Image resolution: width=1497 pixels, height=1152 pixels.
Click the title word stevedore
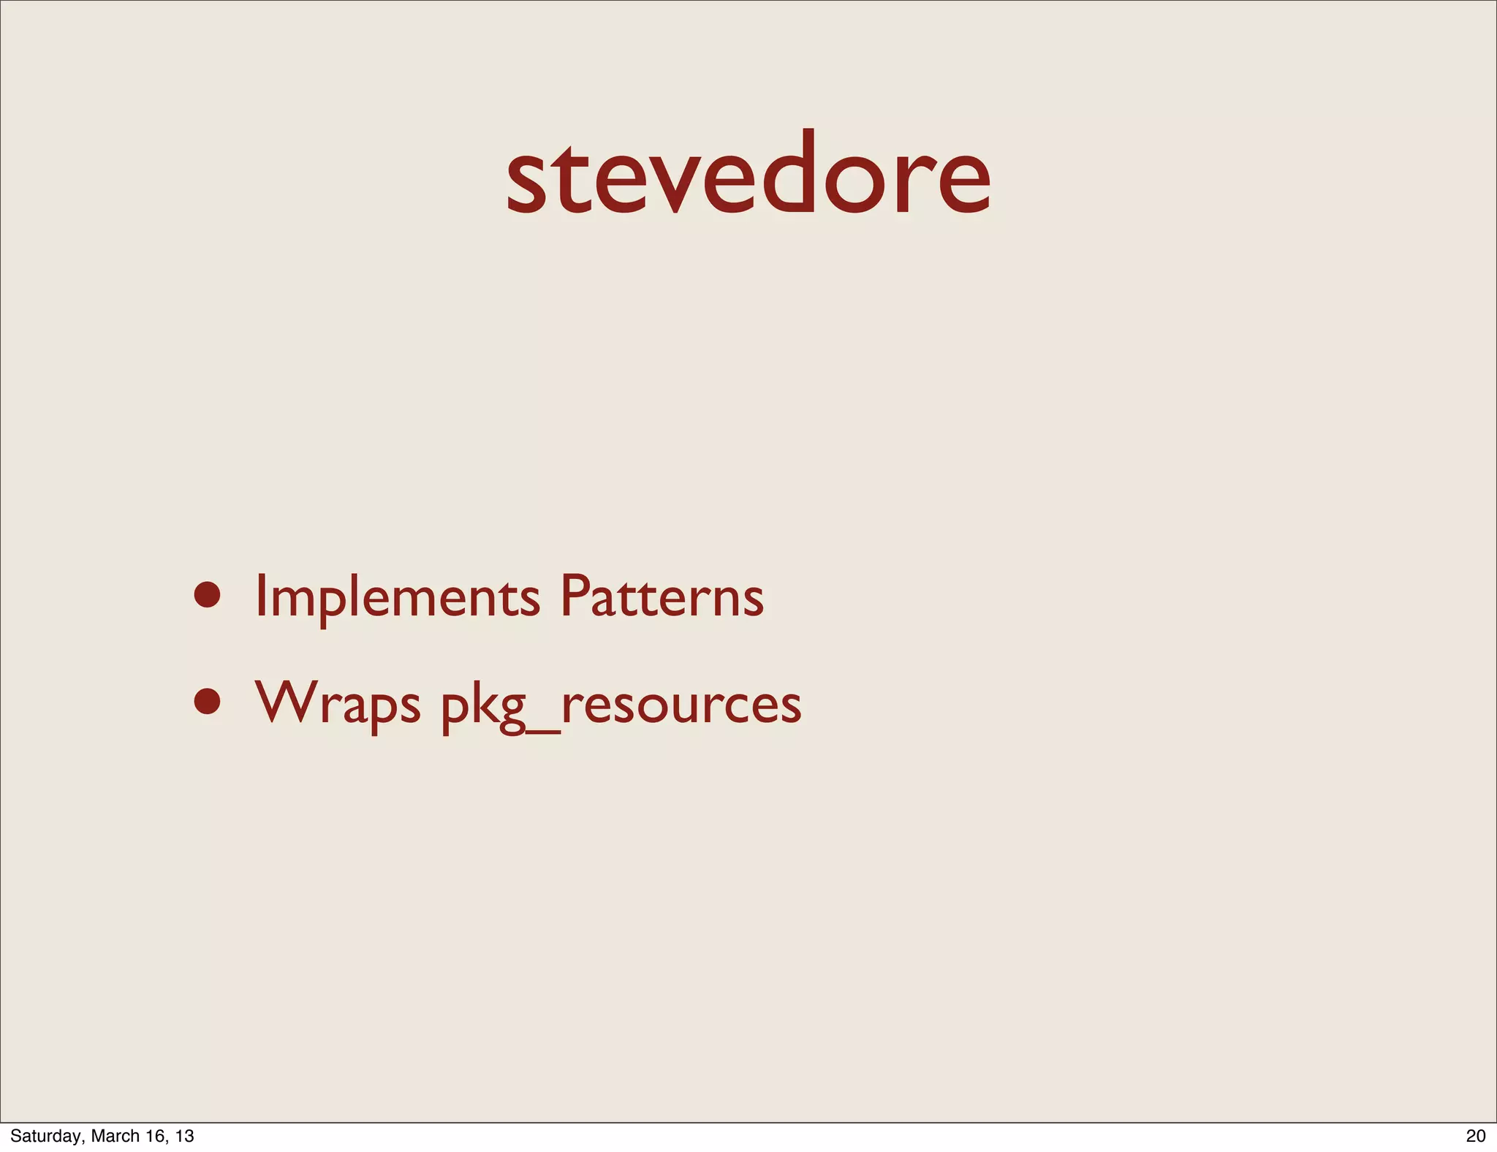click(748, 175)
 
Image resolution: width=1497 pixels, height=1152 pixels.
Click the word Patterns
click(662, 596)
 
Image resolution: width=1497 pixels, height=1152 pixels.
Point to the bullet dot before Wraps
click(208, 701)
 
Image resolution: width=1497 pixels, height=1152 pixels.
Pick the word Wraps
click(338, 703)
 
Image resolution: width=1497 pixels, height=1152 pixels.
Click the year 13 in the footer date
click(185, 1136)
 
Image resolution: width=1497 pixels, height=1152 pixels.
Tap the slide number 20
click(1476, 1136)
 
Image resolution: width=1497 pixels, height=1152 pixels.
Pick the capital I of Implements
click(260, 596)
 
